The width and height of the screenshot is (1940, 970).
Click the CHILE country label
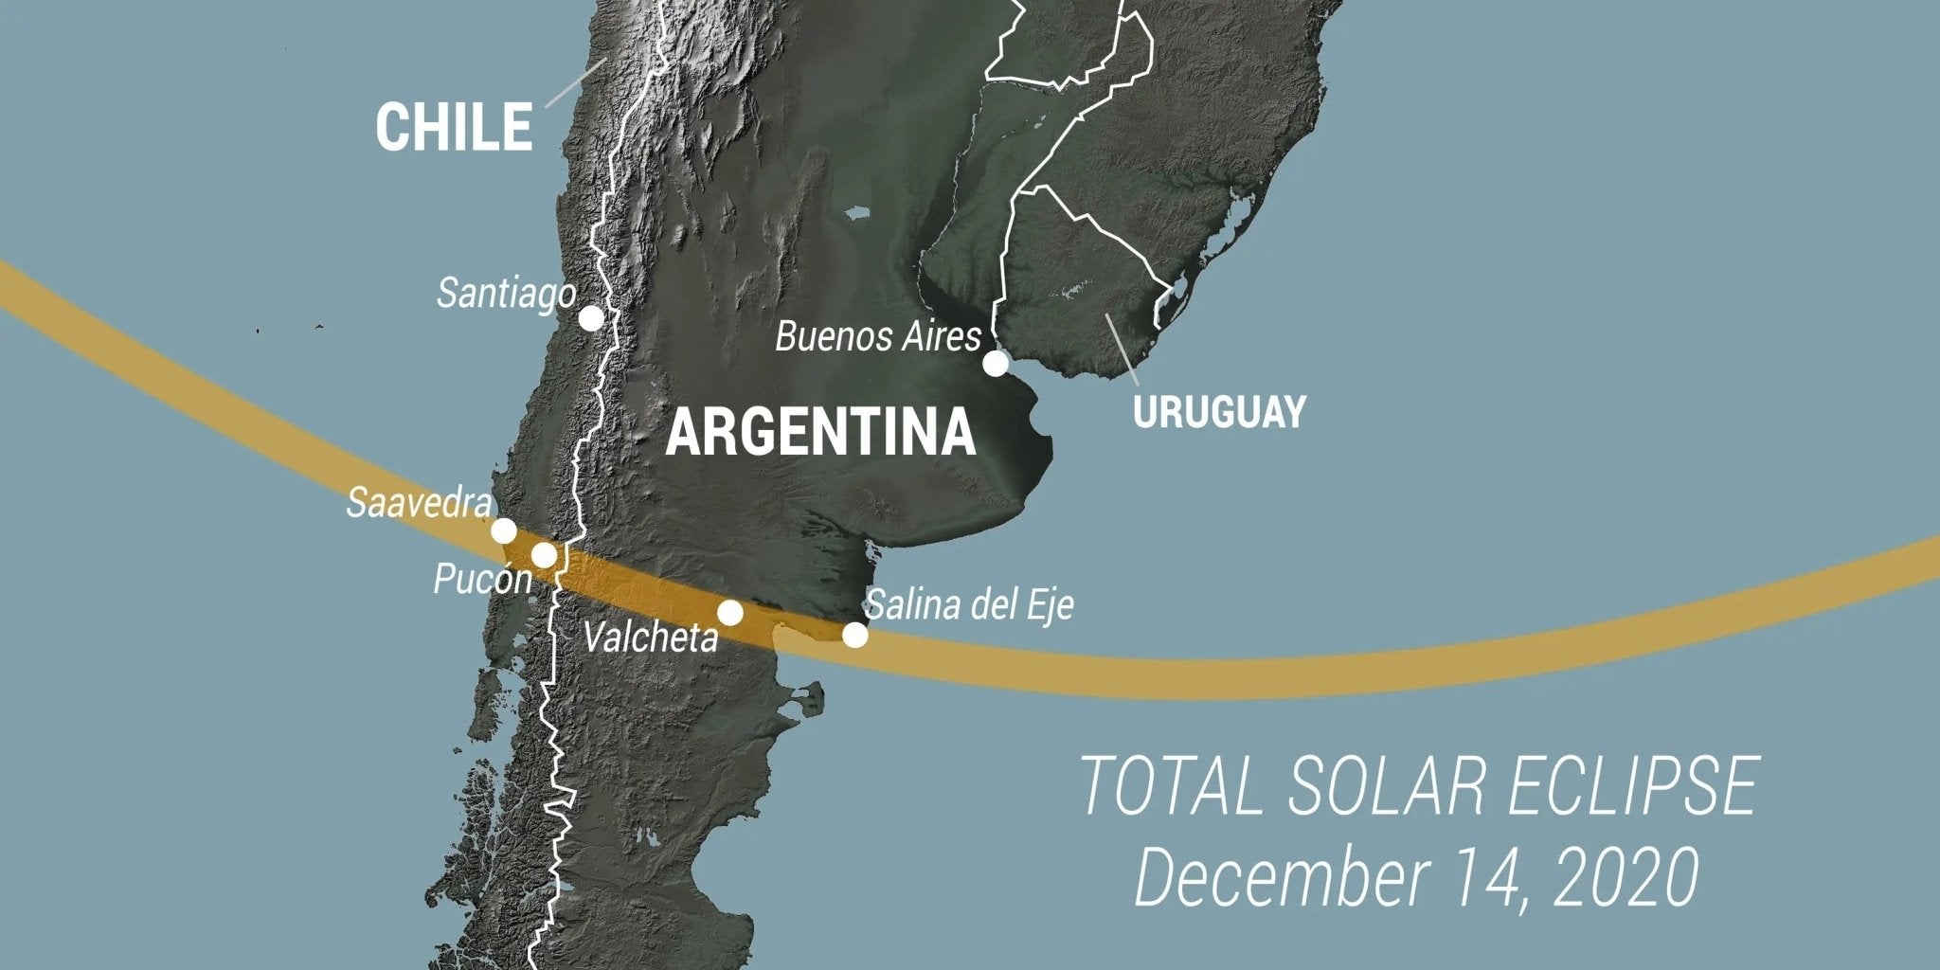pos(454,127)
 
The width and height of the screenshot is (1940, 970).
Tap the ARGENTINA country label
pos(820,433)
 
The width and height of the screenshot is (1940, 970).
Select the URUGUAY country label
pos(1219,412)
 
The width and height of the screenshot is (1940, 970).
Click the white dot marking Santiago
pos(591,318)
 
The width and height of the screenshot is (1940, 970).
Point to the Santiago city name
pos(505,293)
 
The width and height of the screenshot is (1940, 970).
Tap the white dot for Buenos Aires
pos(996,364)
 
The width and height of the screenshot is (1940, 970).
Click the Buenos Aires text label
pos(877,336)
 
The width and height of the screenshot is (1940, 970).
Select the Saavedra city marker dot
pos(504,530)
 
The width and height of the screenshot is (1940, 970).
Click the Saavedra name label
pos(419,503)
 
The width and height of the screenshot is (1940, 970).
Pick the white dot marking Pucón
pos(544,555)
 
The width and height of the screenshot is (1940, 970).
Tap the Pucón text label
pos(482,579)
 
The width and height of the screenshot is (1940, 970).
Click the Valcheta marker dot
pos(729,613)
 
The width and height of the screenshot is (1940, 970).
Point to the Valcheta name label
pos(651,638)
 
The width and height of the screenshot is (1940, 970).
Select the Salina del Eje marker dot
pos(854,635)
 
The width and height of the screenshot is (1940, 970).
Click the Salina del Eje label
pos(970,604)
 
